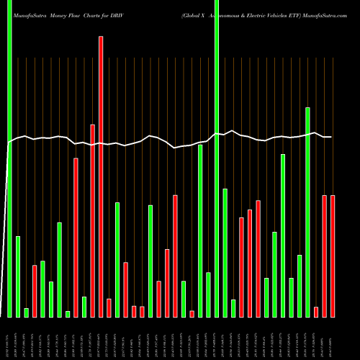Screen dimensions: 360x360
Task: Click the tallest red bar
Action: [101, 176]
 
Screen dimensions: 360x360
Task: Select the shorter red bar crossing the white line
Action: [93, 220]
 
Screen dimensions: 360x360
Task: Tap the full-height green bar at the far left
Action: [9, 158]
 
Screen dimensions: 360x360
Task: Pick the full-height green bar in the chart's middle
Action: [217, 158]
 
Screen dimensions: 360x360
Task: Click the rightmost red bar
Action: [333, 256]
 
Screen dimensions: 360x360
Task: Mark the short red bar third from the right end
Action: [316, 312]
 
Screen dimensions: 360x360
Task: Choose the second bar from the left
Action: [18, 276]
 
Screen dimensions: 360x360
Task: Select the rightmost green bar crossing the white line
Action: [308, 212]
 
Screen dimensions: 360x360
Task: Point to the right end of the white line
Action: [331, 137]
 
